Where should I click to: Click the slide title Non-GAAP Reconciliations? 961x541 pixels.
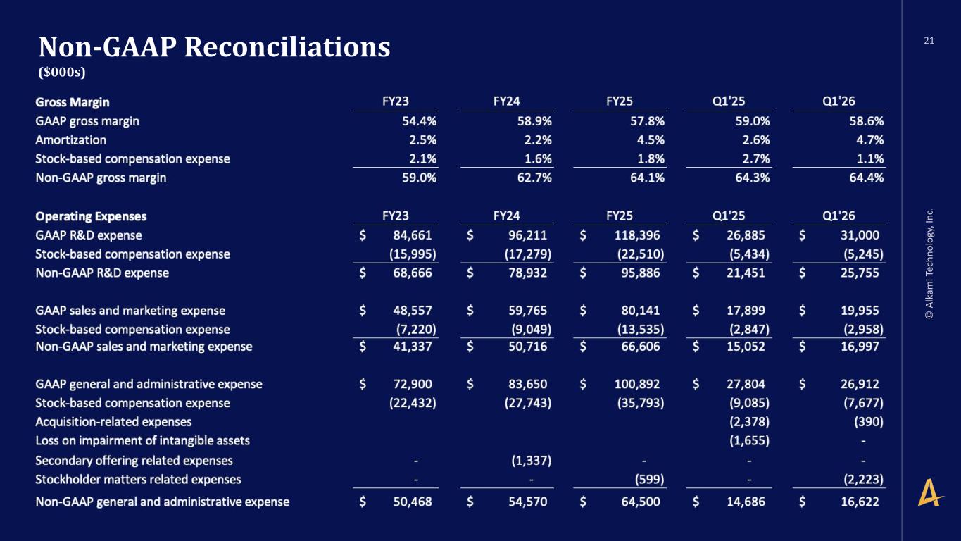pos(215,46)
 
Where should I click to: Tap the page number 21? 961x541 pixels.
pos(929,41)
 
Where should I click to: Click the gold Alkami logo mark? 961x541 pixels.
pos(930,492)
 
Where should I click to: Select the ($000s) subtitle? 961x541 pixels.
pos(62,72)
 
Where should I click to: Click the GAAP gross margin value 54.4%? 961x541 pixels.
pos(419,121)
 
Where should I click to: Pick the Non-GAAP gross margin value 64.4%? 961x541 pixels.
pos(866,178)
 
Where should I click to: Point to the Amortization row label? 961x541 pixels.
pos(71,140)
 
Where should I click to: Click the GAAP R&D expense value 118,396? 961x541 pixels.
pos(637,235)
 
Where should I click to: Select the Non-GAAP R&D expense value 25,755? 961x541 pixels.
pos(860,273)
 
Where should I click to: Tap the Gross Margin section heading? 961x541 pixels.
pos(73,102)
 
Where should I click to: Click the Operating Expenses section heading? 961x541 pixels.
pos(91,216)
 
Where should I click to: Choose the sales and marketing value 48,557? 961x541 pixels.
pos(413,311)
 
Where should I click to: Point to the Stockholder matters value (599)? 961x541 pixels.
pos(649,479)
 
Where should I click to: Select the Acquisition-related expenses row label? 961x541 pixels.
pos(113,422)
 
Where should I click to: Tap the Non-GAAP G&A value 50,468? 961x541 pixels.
pos(413,502)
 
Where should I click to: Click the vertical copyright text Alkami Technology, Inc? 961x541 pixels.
pos(929,263)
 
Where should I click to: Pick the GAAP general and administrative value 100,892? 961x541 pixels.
pos(637,384)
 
